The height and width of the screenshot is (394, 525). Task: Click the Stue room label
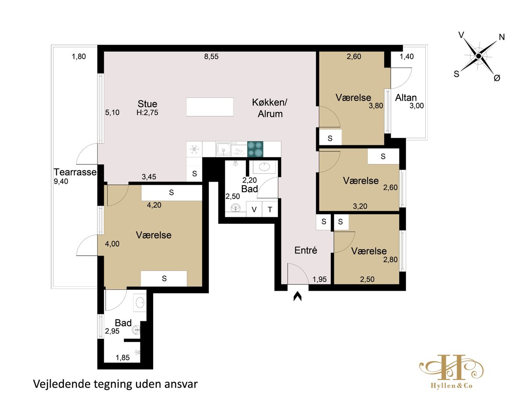147,104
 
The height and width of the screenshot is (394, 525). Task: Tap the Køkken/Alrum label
270,108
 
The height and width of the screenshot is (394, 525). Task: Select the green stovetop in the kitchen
255,149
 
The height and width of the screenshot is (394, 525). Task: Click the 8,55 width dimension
211,56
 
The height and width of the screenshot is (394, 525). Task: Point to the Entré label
306,250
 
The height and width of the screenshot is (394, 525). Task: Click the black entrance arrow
297,296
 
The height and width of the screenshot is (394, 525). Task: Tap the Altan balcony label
406,98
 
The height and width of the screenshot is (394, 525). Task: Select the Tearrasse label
75,172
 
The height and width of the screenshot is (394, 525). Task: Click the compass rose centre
478,56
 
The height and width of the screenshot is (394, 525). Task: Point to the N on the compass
502,37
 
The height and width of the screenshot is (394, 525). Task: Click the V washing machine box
254,209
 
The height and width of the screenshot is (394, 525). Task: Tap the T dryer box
270,209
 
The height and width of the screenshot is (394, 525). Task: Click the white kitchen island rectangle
210,107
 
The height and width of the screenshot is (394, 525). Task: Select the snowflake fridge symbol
194,149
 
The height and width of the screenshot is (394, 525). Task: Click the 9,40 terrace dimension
61,181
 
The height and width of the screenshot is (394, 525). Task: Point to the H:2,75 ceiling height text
147,113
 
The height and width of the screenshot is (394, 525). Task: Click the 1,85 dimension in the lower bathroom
122,358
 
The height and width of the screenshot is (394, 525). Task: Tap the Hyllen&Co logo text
451,386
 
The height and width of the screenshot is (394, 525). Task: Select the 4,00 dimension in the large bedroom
112,244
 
